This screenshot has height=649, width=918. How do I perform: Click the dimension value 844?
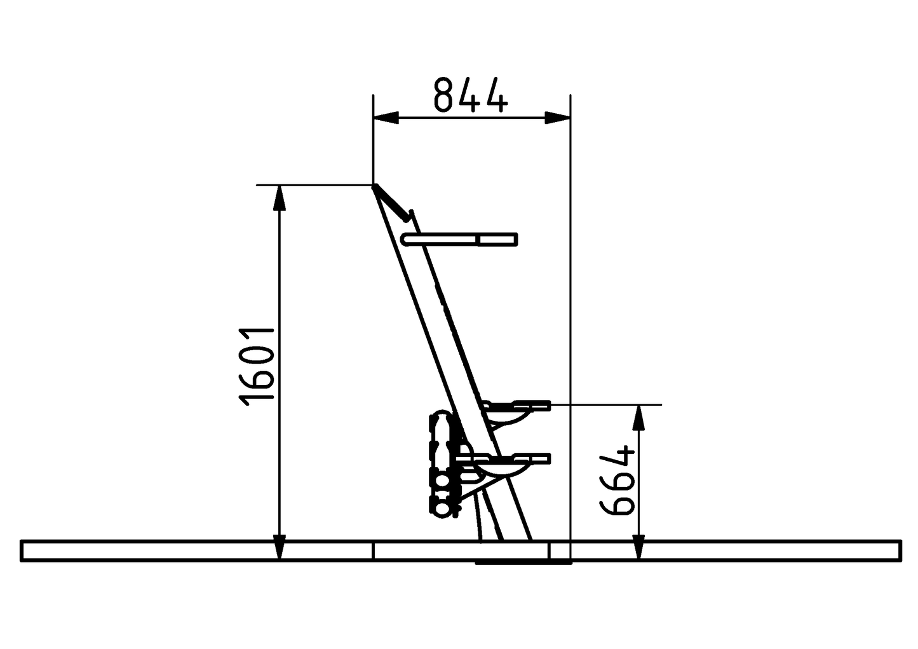click(471, 95)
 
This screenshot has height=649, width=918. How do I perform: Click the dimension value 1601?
click(257, 365)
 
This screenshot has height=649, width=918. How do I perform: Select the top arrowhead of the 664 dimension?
click(639, 417)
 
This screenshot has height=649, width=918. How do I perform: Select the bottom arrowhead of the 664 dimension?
click(639, 548)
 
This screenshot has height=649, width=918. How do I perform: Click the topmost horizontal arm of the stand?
click(461, 239)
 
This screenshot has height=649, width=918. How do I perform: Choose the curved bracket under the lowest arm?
click(508, 470)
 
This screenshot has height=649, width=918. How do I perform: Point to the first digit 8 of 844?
click(443, 95)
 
